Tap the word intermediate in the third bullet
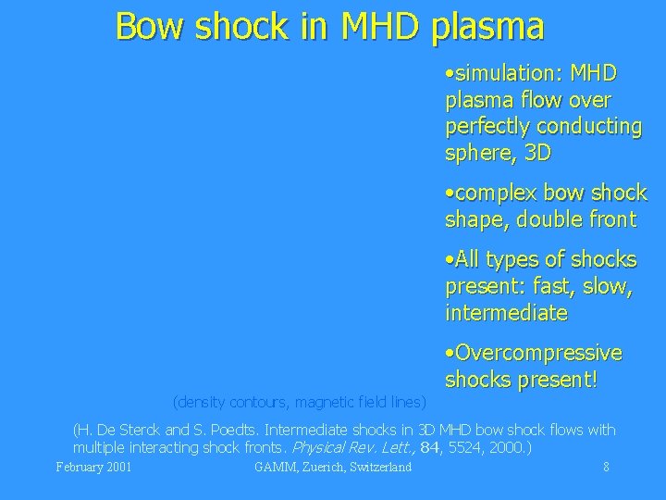[506, 314]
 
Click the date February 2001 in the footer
[93, 467]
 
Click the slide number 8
[606, 467]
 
